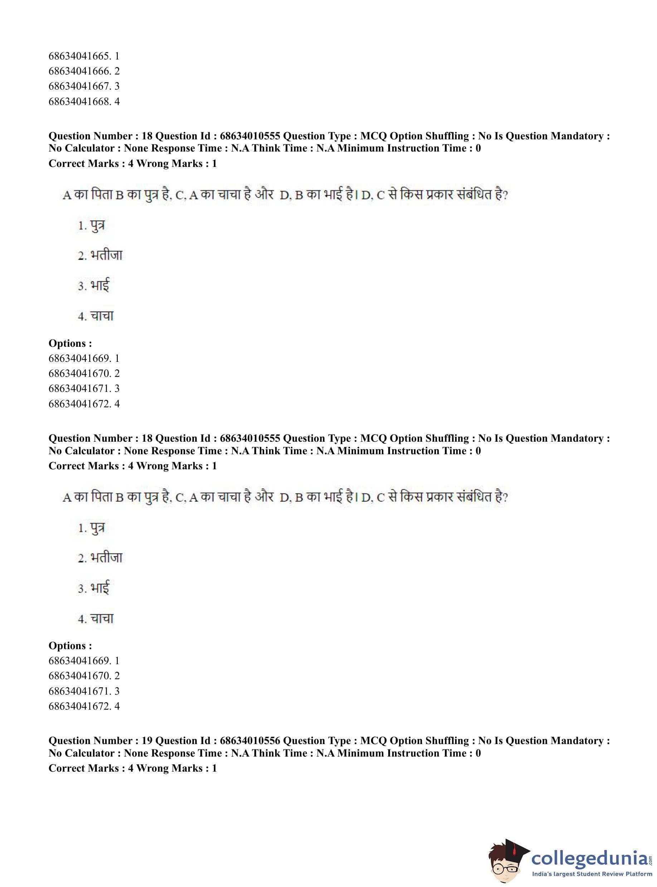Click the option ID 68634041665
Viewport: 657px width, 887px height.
(x=78, y=56)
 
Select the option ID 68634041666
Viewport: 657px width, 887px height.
(x=78, y=71)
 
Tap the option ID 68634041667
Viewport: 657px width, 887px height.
(x=78, y=86)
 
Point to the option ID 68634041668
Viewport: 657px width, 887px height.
(x=78, y=101)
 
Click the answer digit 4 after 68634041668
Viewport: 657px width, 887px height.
(x=117, y=101)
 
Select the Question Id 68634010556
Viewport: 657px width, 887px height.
(x=250, y=741)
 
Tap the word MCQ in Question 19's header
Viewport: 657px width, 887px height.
(x=373, y=741)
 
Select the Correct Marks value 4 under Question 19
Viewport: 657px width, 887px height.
(x=131, y=768)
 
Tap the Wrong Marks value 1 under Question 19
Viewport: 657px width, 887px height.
(x=214, y=768)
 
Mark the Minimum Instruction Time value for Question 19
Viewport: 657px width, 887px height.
(x=478, y=753)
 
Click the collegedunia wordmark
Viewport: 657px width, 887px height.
(x=589, y=858)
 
